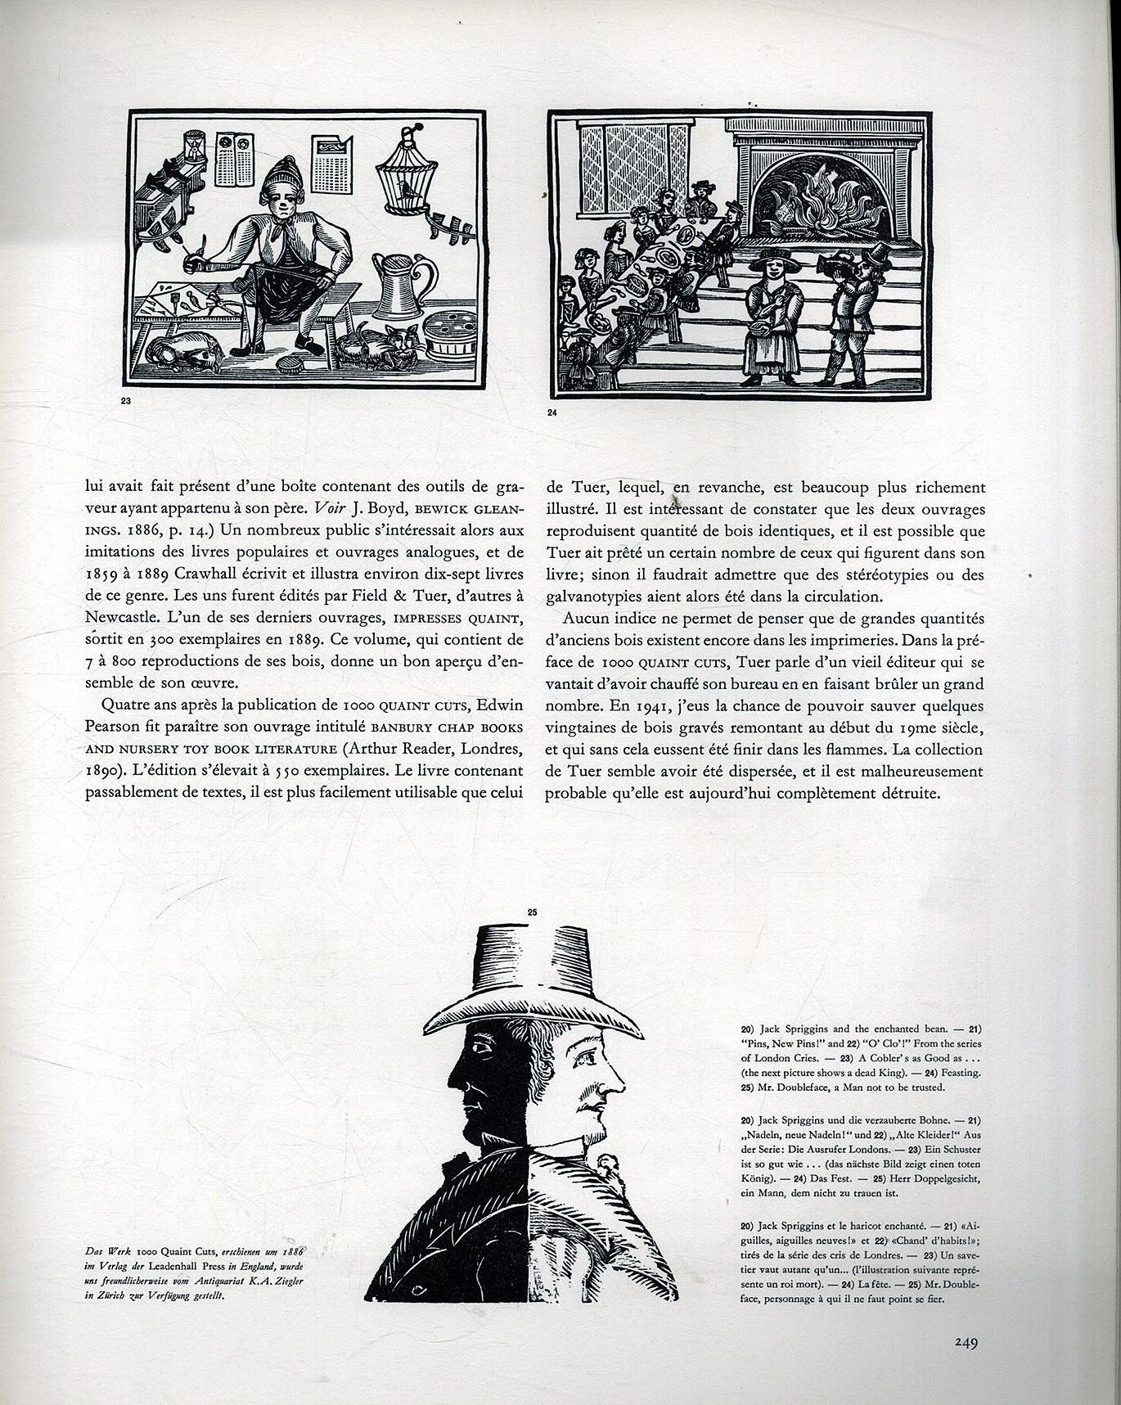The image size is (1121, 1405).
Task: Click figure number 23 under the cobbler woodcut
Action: tap(125, 401)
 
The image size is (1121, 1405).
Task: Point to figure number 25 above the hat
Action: tap(532, 912)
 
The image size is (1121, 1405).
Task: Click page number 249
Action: tap(966, 1343)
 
